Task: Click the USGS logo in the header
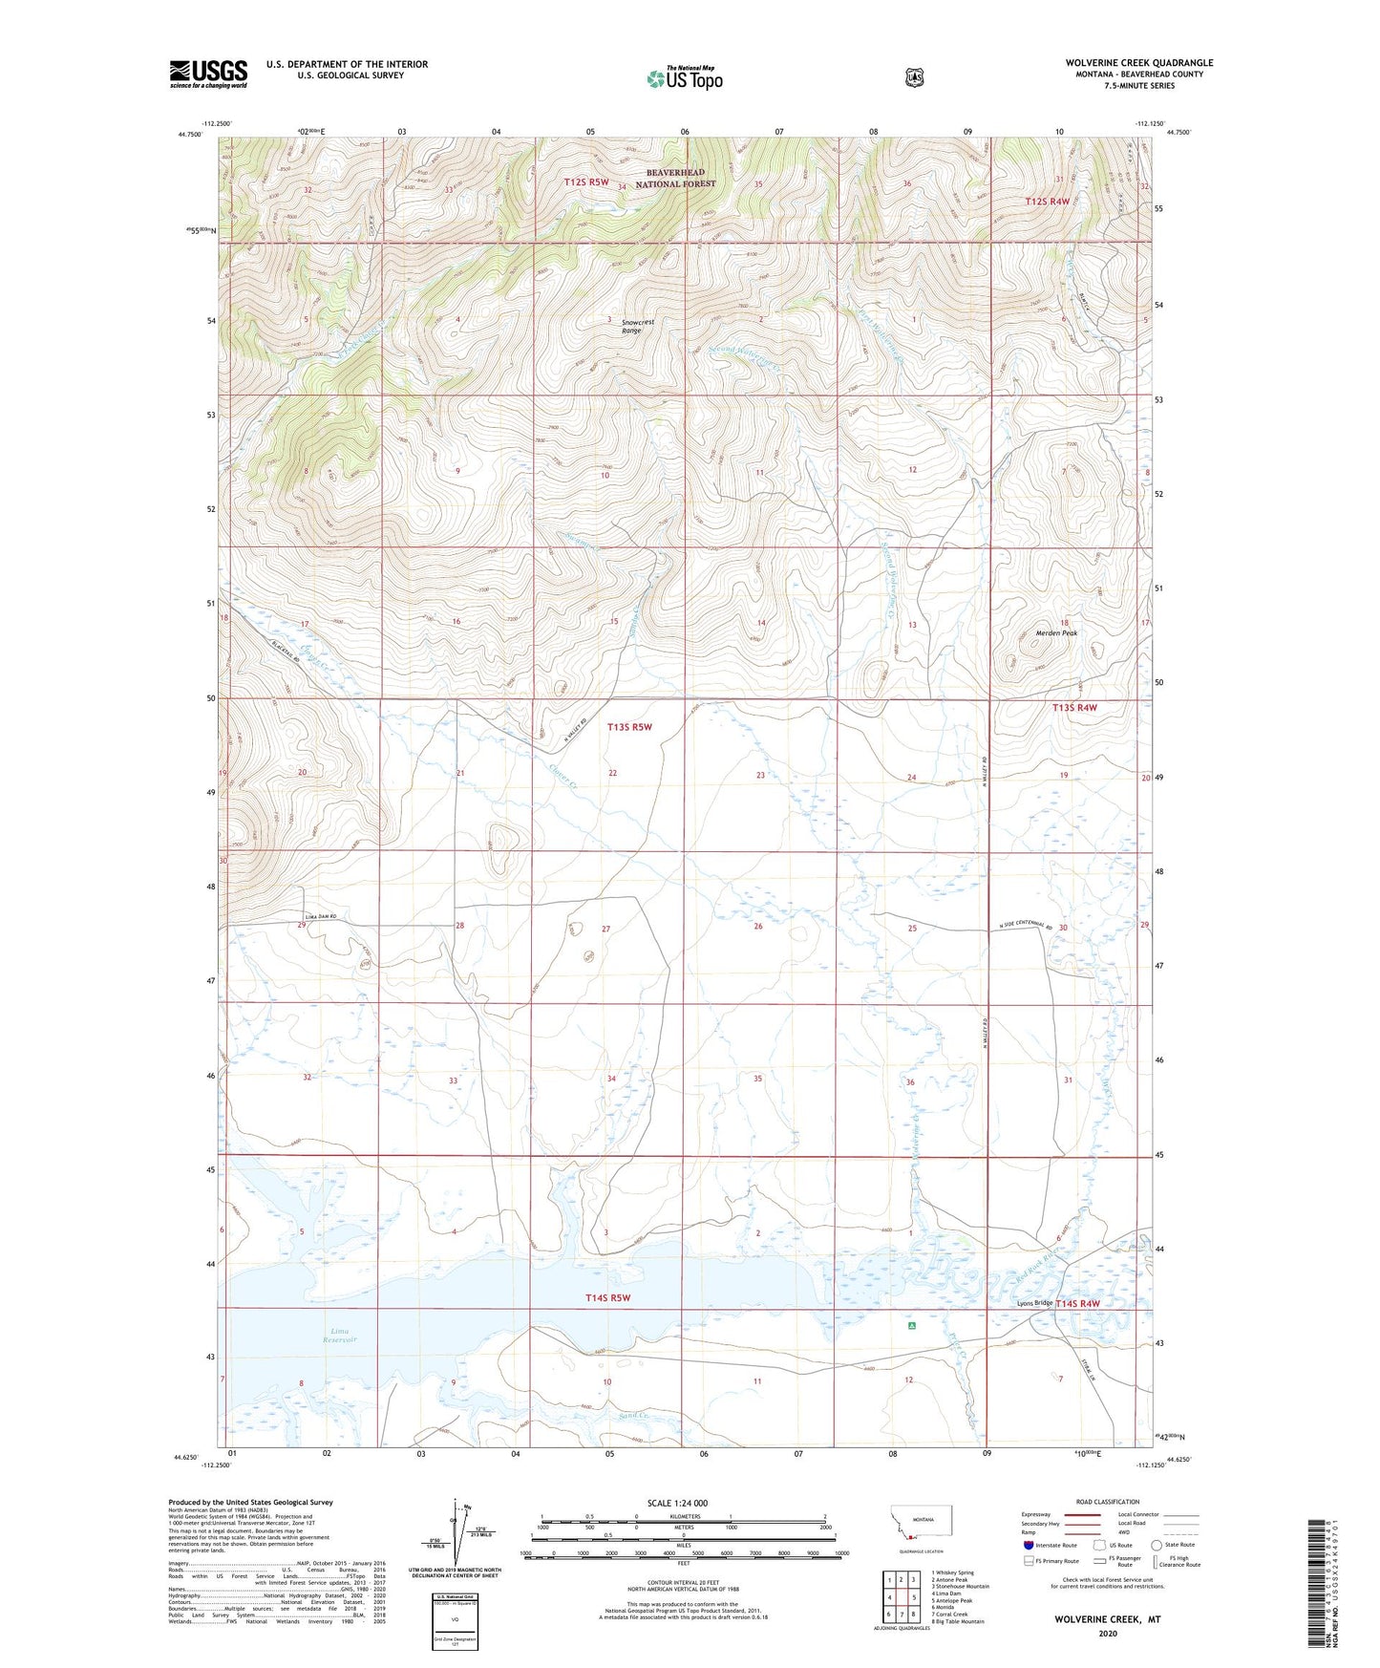pyautogui.click(x=208, y=73)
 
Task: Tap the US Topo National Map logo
pyautogui.click(x=684, y=77)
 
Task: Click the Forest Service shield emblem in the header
pyautogui.click(x=914, y=76)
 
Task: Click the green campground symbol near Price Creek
pyautogui.click(x=912, y=1326)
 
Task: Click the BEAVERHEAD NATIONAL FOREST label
pyautogui.click(x=675, y=179)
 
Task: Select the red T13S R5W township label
pyautogui.click(x=629, y=727)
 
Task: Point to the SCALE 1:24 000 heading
pyautogui.click(x=677, y=1503)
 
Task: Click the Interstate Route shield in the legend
pyautogui.click(x=1028, y=1545)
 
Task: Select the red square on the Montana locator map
pyautogui.click(x=911, y=1537)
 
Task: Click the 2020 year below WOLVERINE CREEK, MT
pyautogui.click(x=1107, y=1633)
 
